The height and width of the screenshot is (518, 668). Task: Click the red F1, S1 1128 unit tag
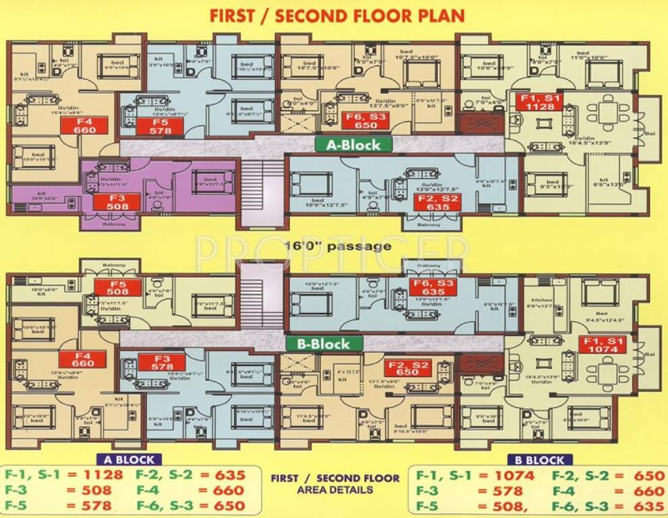tap(539, 102)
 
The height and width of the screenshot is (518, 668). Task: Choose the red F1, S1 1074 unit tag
tap(603, 345)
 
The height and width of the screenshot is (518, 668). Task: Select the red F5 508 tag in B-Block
tap(117, 288)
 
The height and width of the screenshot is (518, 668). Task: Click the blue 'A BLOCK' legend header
tap(128, 460)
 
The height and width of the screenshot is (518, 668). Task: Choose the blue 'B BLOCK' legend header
tap(536, 460)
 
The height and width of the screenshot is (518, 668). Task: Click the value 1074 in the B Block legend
tap(514, 475)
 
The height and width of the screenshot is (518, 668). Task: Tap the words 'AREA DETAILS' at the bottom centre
tap(335, 490)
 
